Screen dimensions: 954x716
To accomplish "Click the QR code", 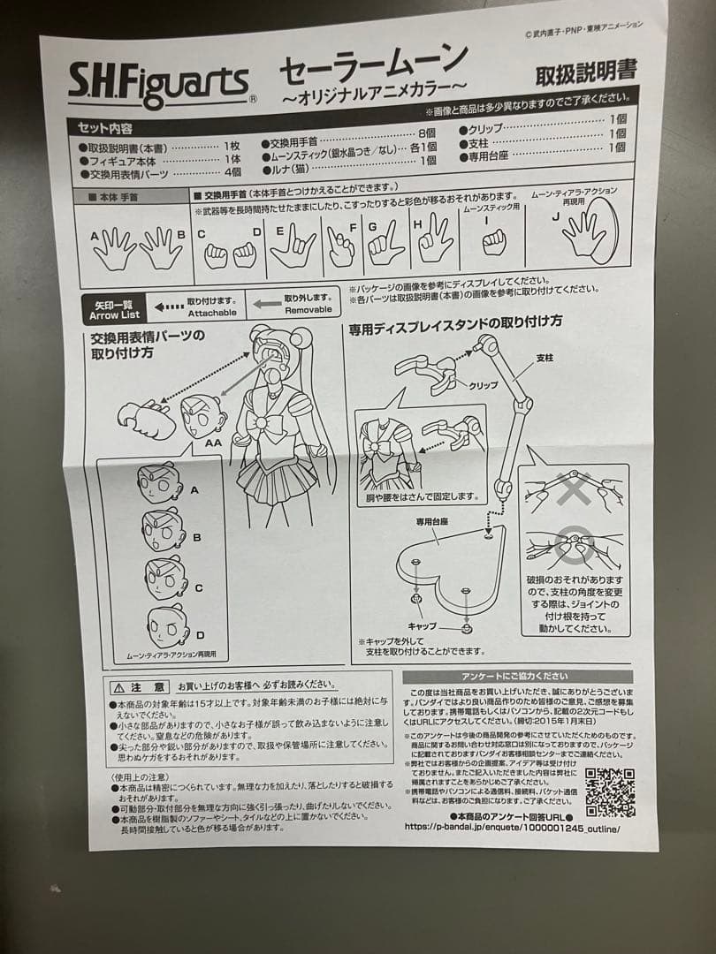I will click(x=610, y=792).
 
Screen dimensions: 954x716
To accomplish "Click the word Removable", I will click(x=308, y=310).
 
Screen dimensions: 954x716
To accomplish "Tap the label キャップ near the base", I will click(x=422, y=625).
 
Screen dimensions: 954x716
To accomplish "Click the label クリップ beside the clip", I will click(x=484, y=385).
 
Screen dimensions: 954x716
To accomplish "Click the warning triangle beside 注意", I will click(x=119, y=686).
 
